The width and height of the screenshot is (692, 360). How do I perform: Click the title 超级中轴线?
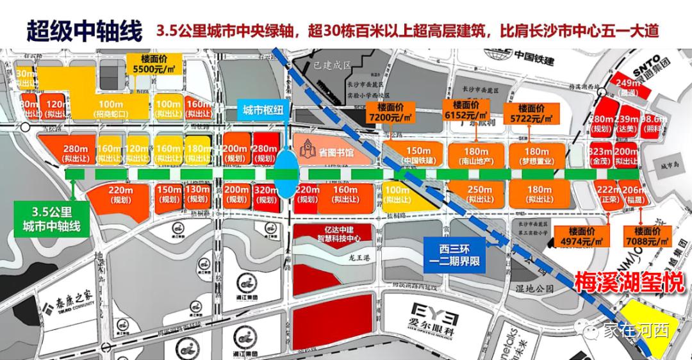[x=83, y=30]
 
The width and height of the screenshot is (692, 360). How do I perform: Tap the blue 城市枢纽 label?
[x=263, y=110]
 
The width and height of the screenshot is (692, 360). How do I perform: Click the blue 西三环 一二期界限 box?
[x=456, y=254]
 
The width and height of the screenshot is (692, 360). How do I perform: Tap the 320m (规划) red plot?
[x=266, y=195]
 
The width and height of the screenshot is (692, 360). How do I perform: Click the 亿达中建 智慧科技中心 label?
[x=331, y=234]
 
